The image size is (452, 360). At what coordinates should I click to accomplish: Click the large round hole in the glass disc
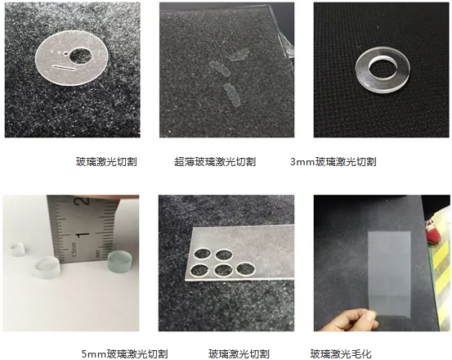click(81, 56)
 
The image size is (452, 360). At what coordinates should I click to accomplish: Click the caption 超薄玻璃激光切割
click(215, 162)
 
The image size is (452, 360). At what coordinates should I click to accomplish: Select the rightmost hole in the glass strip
click(243, 267)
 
